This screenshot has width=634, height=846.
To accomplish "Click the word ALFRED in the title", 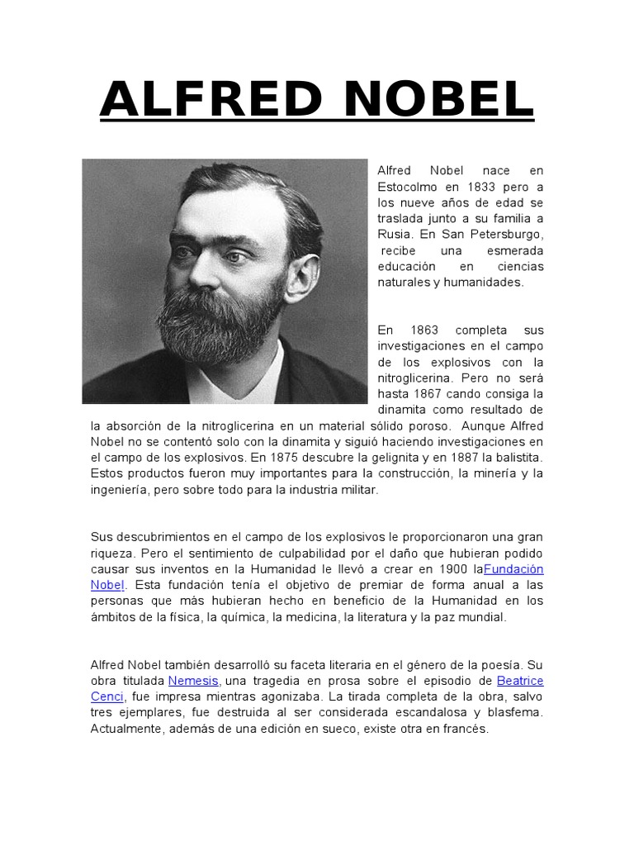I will tap(210, 100).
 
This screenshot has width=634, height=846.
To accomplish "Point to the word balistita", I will tap(515, 457).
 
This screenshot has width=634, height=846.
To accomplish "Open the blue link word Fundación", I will tap(513, 569).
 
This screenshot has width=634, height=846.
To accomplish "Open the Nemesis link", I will tap(193, 681).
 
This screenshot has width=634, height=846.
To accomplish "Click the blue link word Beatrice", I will tap(520, 681).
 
